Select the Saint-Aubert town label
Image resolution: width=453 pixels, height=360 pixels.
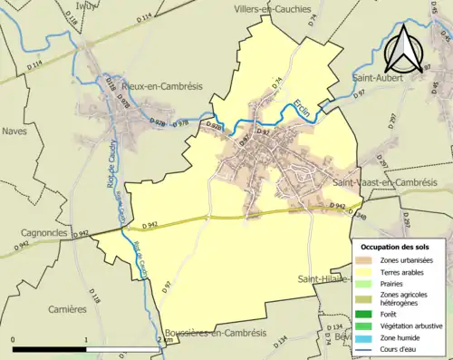click(x=380, y=82)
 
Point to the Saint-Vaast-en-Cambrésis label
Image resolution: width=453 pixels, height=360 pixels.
click(x=385, y=182)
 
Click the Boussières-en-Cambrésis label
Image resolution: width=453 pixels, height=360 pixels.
click(x=216, y=333)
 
